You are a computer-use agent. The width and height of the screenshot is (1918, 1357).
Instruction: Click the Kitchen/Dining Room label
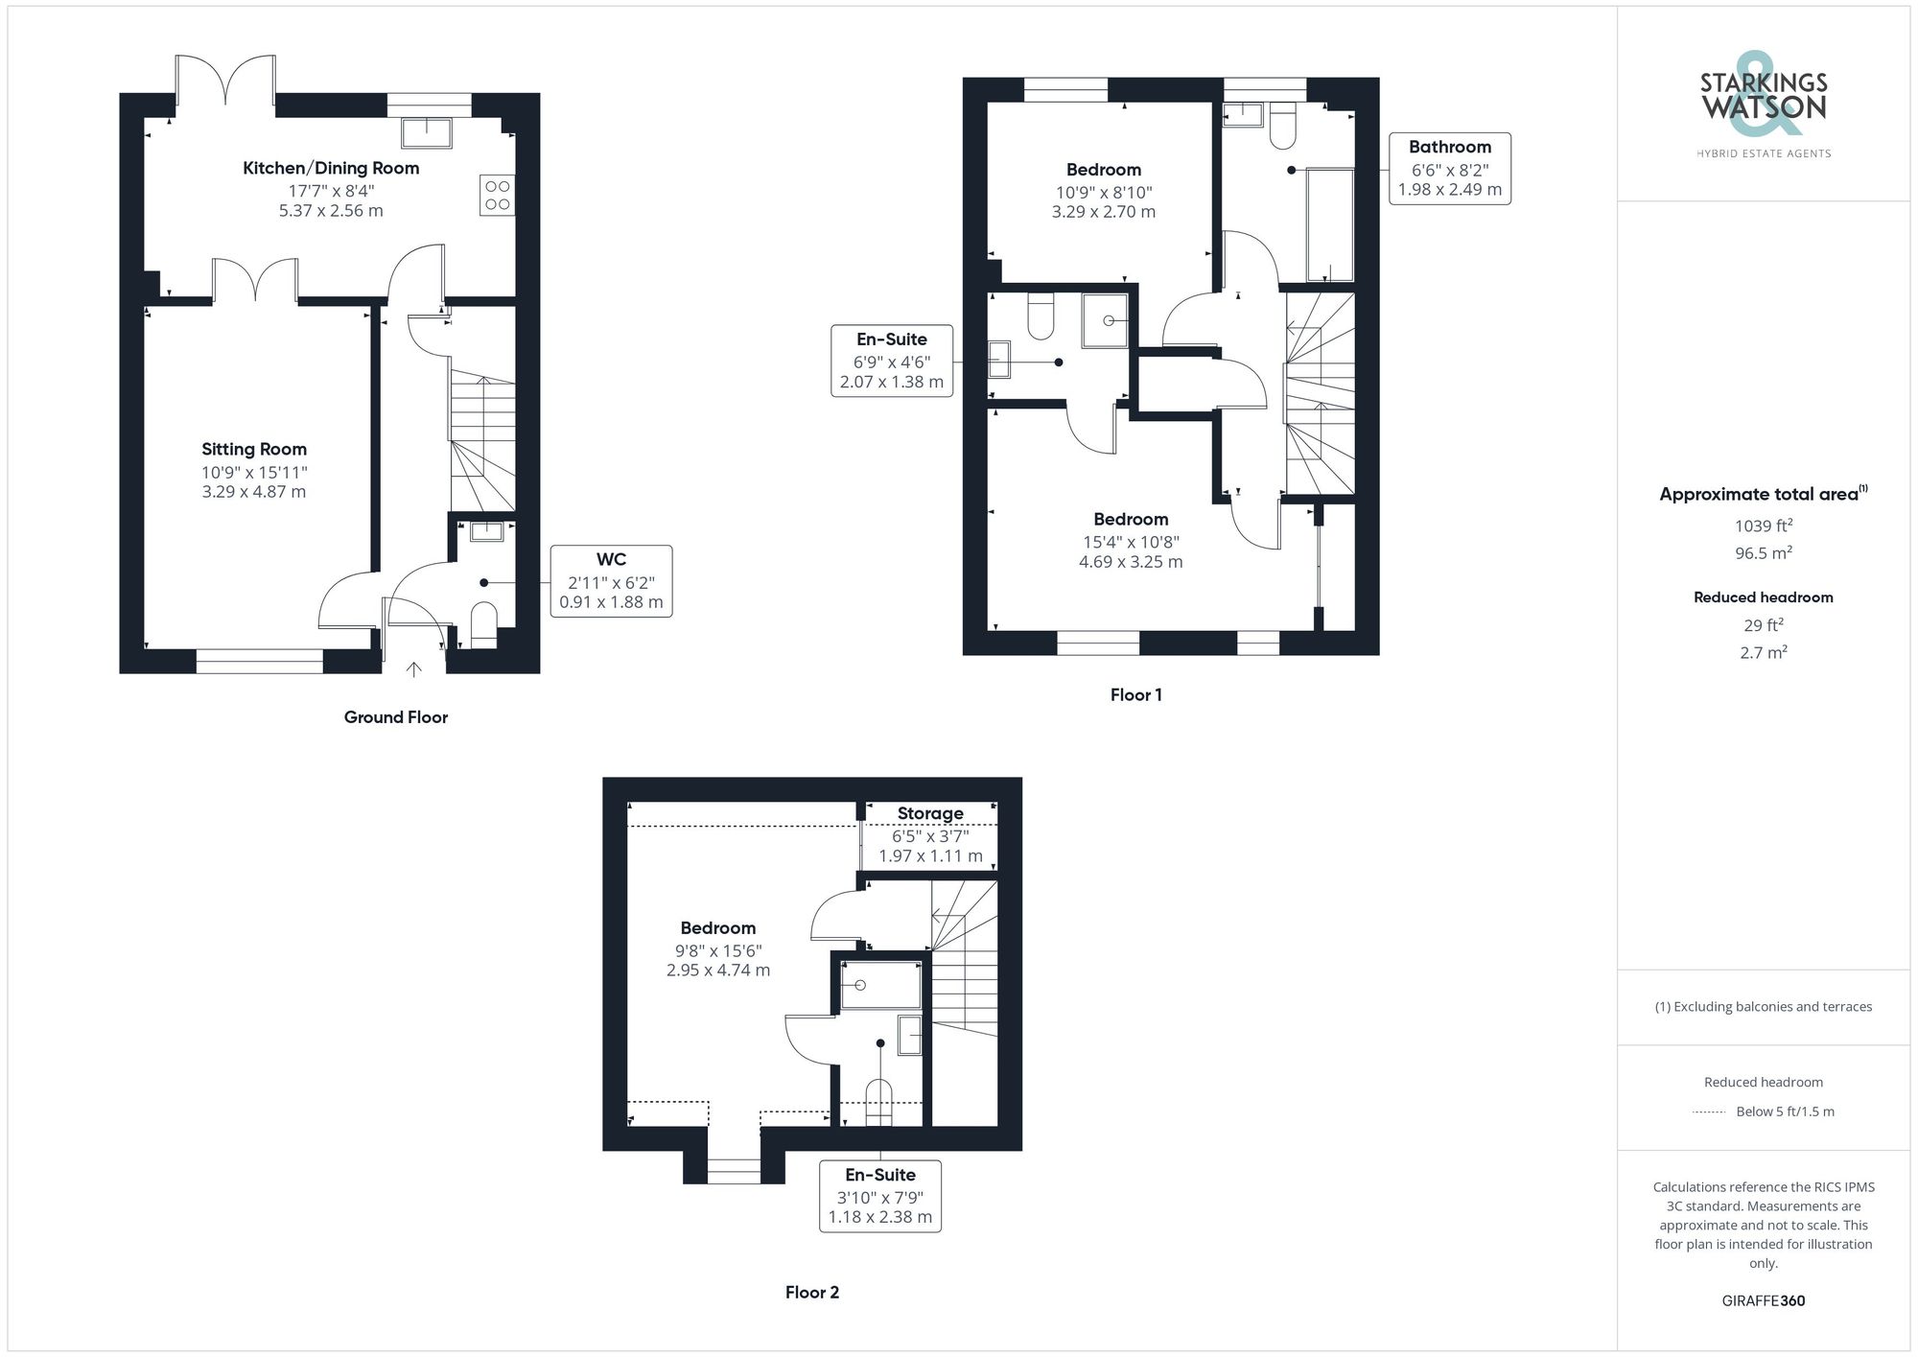(331, 168)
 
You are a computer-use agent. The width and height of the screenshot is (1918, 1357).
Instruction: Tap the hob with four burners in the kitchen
(497, 195)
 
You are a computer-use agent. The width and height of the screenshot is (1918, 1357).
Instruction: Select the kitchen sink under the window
(427, 133)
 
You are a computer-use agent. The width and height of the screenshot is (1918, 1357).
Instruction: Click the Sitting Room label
(254, 449)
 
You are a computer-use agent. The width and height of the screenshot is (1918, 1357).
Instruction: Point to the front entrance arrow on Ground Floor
(414, 668)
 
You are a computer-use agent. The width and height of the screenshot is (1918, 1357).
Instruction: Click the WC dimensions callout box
(611, 581)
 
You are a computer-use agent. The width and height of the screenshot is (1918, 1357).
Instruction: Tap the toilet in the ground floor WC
(484, 625)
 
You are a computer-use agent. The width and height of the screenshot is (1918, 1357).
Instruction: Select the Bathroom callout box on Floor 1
(1450, 169)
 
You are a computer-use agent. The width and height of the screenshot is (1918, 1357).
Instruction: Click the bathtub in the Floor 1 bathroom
(1331, 224)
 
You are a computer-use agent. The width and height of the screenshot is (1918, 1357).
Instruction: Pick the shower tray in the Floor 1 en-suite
(1108, 320)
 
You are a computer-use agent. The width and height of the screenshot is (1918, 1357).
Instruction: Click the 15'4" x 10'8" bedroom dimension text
(1131, 542)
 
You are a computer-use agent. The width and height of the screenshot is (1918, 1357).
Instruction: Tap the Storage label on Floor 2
(930, 813)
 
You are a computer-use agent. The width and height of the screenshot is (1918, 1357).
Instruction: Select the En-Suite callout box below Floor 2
(880, 1196)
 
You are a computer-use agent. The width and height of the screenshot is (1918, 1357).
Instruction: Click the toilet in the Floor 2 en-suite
(879, 1103)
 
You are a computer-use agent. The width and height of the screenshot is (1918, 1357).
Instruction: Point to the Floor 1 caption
(1135, 695)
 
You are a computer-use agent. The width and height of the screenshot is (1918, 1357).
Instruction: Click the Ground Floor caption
(395, 717)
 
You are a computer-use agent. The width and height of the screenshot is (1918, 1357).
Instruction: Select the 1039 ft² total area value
(1764, 526)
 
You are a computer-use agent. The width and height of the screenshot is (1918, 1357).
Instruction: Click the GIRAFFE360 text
(1764, 1301)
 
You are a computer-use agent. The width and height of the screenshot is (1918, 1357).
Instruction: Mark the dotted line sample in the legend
(1709, 1112)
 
